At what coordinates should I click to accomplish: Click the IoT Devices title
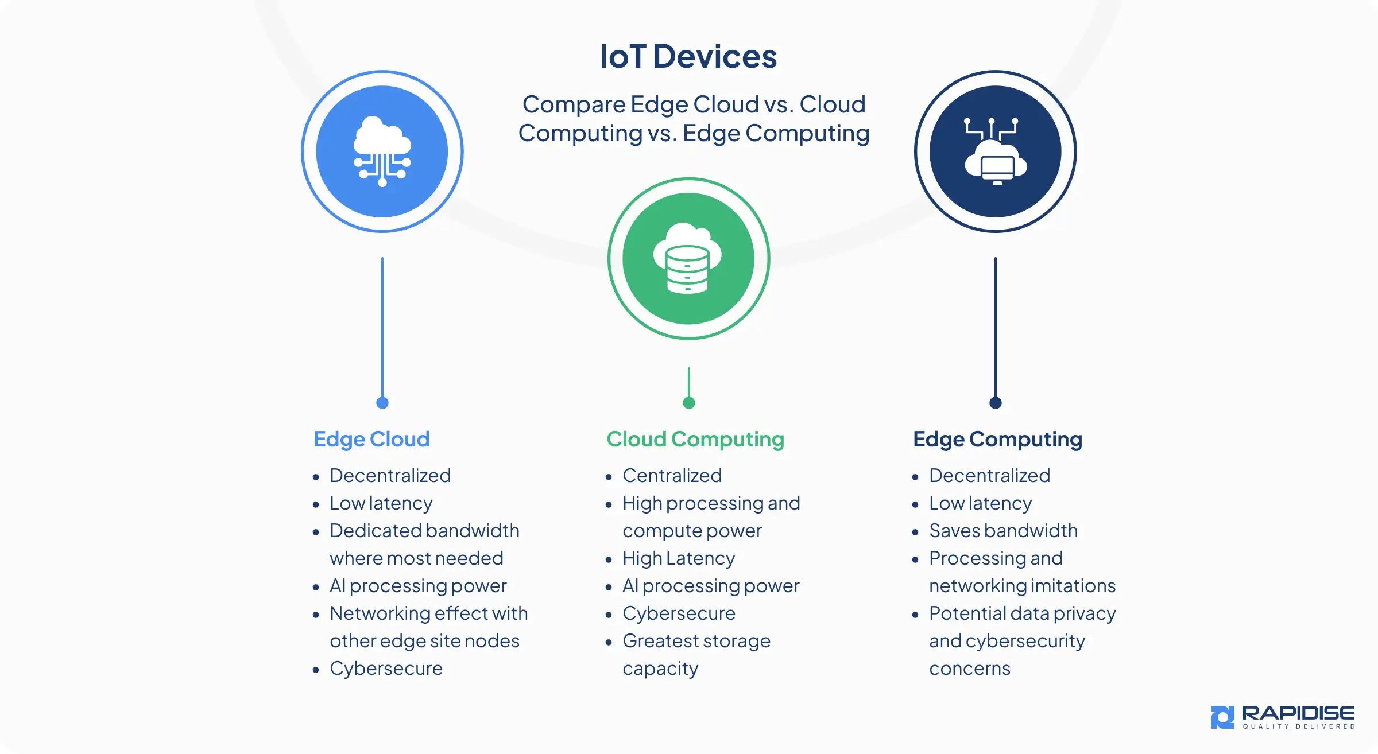pos(688,56)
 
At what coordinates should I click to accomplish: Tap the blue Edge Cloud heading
pos(371,439)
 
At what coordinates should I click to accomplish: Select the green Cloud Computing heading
pos(695,439)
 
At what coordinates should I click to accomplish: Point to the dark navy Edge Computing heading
pos(997,439)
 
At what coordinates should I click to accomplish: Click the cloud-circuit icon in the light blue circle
pos(382,151)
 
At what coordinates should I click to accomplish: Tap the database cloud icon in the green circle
pos(688,259)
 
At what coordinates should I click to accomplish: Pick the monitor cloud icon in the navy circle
pos(995,151)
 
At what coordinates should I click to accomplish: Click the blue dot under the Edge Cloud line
pos(382,403)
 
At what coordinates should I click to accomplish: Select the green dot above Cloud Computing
pos(689,403)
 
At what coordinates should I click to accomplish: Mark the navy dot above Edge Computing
pos(996,403)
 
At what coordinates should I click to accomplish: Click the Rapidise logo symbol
pos(1222,717)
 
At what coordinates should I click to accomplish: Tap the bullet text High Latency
pos(679,558)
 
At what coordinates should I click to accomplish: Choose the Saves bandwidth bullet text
pos(1003,531)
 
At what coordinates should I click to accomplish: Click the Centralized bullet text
pos(672,476)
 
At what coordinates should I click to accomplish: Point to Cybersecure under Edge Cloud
pos(386,669)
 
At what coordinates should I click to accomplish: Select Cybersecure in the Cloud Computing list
pos(679,613)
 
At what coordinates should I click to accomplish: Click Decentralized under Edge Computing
pos(989,476)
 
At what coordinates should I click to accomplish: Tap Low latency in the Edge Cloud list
pos(381,503)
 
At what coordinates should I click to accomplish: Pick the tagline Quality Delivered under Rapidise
pos(1299,726)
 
